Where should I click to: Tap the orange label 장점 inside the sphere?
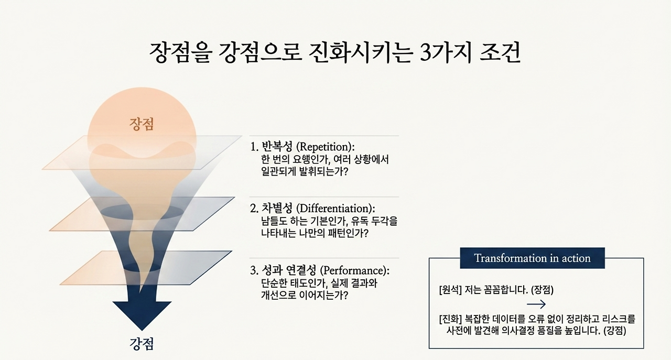tap(142, 124)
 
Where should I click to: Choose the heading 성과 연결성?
tap(289, 270)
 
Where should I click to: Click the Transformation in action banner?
tap(532, 258)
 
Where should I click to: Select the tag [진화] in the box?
tap(451, 319)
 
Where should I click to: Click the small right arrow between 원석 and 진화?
tap(536, 304)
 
